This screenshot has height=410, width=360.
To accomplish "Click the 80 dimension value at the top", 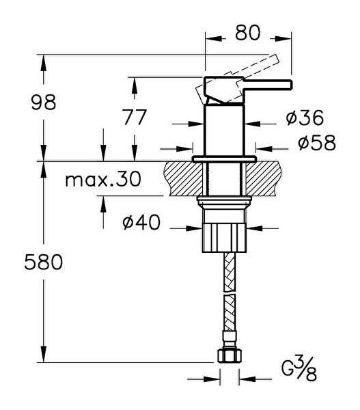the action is tap(247, 33).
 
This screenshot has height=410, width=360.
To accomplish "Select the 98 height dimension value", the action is tap(44, 102).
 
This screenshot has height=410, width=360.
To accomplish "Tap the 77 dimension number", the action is tap(135, 118).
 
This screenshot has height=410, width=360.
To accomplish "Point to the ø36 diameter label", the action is tap(305, 118).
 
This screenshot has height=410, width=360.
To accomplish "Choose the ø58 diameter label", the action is tap(317, 143).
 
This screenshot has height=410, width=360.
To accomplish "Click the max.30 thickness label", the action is tap(103, 179).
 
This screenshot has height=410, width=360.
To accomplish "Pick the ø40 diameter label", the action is tap(141, 222).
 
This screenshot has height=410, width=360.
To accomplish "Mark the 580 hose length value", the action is tap(44, 262).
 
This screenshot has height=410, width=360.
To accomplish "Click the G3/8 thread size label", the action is tap(299, 368).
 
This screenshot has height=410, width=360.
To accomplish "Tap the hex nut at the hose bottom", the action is tap(230, 356).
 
